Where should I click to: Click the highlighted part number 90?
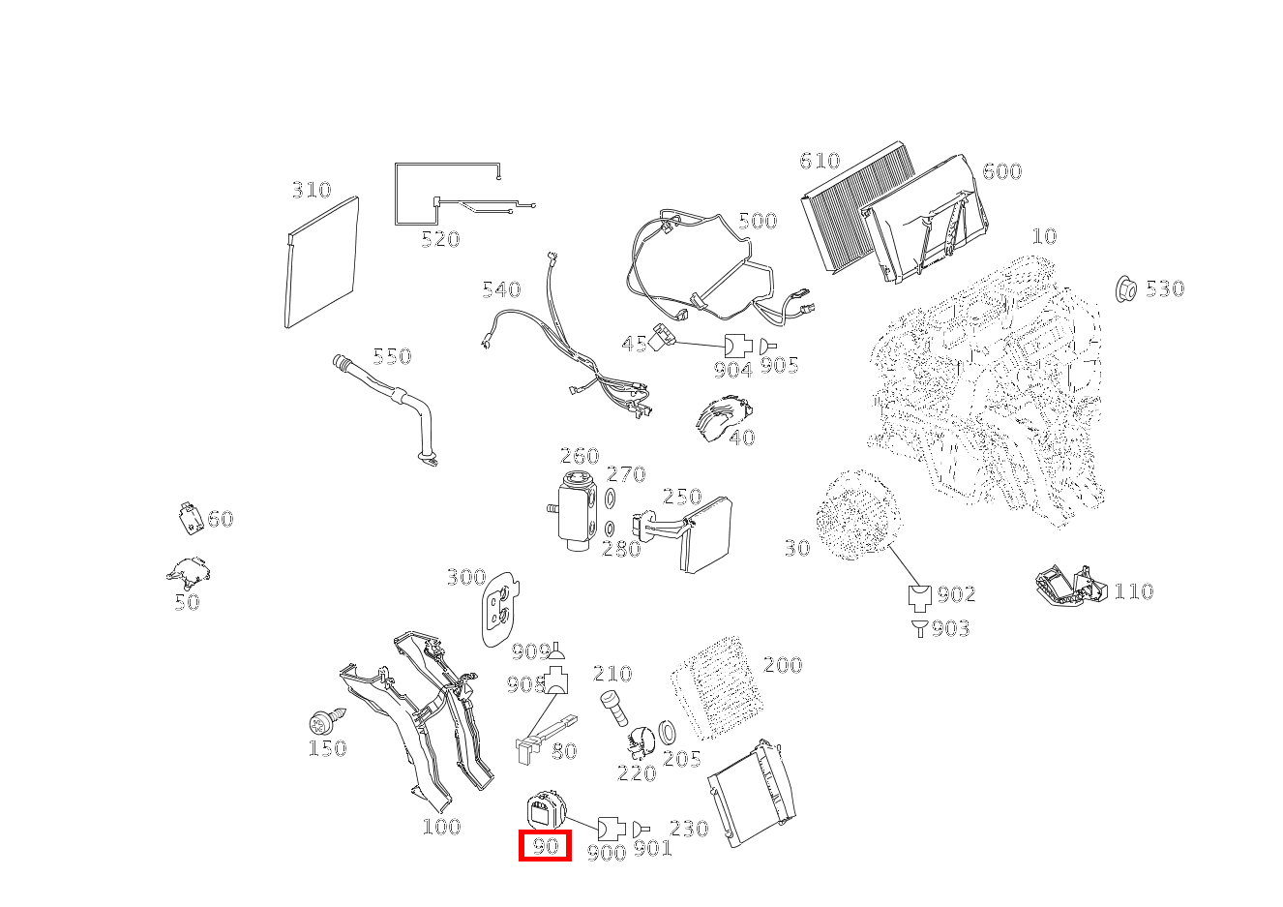(545, 846)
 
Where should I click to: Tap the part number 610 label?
(820, 161)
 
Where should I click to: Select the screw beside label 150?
(322, 722)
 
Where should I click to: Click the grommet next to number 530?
(1125, 287)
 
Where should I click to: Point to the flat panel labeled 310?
(322, 261)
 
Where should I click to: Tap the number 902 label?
(956, 594)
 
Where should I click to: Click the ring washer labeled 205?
(668, 730)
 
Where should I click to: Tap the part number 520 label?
(440, 239)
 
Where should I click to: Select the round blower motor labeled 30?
(854, 516)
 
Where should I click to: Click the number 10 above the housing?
(1044, 236)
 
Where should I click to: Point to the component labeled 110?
(1069, 586)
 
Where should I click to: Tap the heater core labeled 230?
(752, 794)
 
